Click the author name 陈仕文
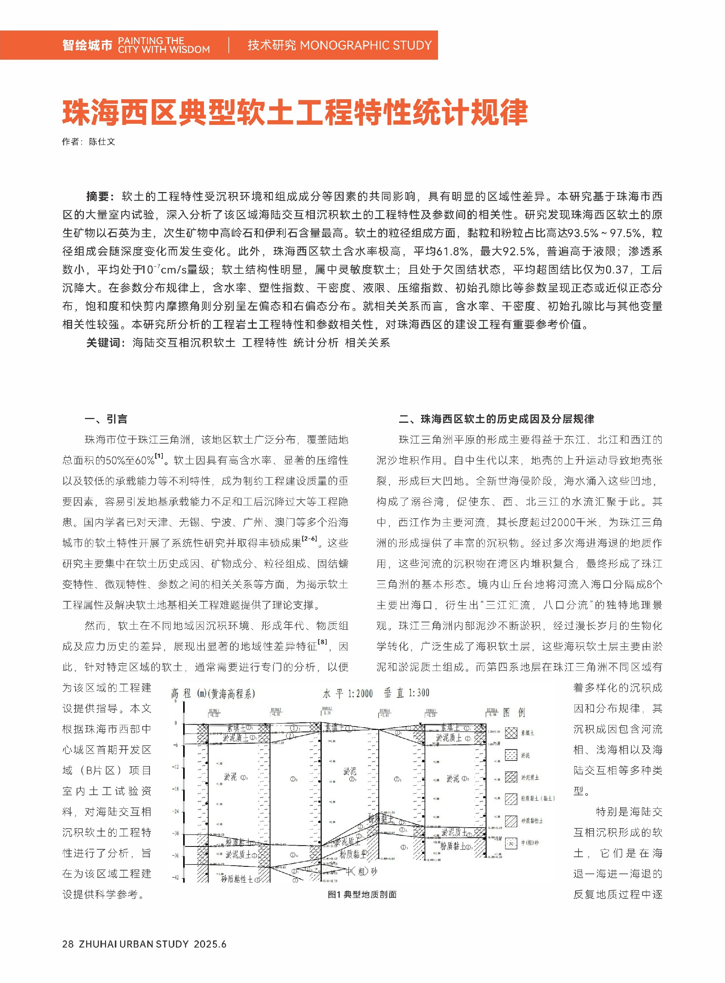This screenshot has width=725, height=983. (x=102, y=141)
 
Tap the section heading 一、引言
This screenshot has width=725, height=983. (x=106, y=419)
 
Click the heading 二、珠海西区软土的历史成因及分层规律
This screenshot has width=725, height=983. (x=496, y=419)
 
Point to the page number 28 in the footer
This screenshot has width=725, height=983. (x=68, y=944)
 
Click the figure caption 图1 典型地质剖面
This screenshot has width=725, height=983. (x=362, y=894)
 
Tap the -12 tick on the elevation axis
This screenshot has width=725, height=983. (x=176, y=767)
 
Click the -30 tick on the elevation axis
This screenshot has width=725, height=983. (x=176, y=833)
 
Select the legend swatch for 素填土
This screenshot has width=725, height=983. (x=511, y=733)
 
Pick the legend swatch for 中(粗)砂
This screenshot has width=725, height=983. (x=511, y=843)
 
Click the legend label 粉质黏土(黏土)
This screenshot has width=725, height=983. (x=538, y=799)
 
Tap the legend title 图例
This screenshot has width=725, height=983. (x=514, y=712)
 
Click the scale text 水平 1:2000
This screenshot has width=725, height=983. (x=347, y=694)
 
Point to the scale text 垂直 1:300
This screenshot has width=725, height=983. (x=406, y=693)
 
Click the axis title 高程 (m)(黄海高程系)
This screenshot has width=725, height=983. (x=213, y=694)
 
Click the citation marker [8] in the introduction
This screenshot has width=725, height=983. (x=322, y=642)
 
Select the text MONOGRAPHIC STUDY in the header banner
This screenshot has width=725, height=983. (x=366, y=45)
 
